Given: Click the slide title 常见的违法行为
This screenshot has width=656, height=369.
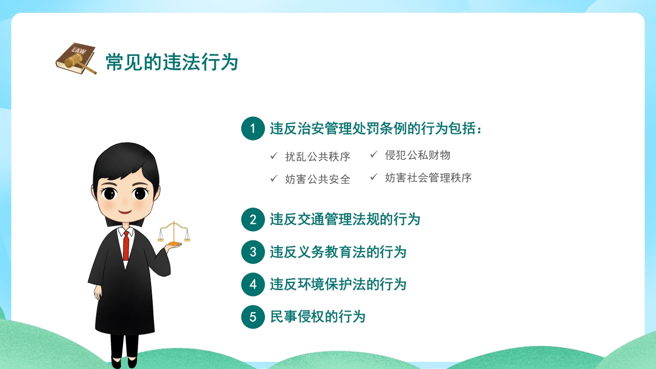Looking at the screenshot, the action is point(172,62).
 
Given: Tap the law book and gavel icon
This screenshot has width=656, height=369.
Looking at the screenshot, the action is point(76,58).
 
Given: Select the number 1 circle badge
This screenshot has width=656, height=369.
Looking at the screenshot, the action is point(253,128).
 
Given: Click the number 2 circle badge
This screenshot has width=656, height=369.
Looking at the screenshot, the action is point(253,219).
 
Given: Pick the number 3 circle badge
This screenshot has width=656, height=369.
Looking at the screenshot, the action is point(253,252).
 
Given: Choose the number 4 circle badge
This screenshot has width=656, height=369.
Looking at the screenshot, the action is point(253,284).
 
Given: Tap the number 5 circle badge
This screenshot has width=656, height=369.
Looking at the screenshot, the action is point(253,317).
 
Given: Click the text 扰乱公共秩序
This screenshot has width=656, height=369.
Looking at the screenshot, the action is point(318,157).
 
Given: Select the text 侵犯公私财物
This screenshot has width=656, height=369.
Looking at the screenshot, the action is point(418,155).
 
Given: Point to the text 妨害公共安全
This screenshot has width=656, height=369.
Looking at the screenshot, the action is point(318,179).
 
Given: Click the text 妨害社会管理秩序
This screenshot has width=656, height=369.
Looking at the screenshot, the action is point(428,178).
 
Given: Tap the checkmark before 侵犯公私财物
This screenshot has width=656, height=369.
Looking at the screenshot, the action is point(374,154).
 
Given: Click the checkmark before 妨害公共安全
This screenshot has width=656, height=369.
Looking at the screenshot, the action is point(274,178).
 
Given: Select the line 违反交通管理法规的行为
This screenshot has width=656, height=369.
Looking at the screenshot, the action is point(345,219).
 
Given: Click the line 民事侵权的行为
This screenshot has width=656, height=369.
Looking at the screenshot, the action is point(317,317).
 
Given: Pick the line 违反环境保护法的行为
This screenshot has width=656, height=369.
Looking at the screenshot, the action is point(338,284).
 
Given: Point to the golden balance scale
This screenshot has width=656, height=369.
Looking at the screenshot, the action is point(174,233).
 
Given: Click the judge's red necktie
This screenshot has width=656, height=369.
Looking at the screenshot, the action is point(126,246).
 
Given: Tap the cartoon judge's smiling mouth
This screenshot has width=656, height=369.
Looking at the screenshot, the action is point(125,212).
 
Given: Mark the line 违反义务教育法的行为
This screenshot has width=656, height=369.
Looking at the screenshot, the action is point(338,252).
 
